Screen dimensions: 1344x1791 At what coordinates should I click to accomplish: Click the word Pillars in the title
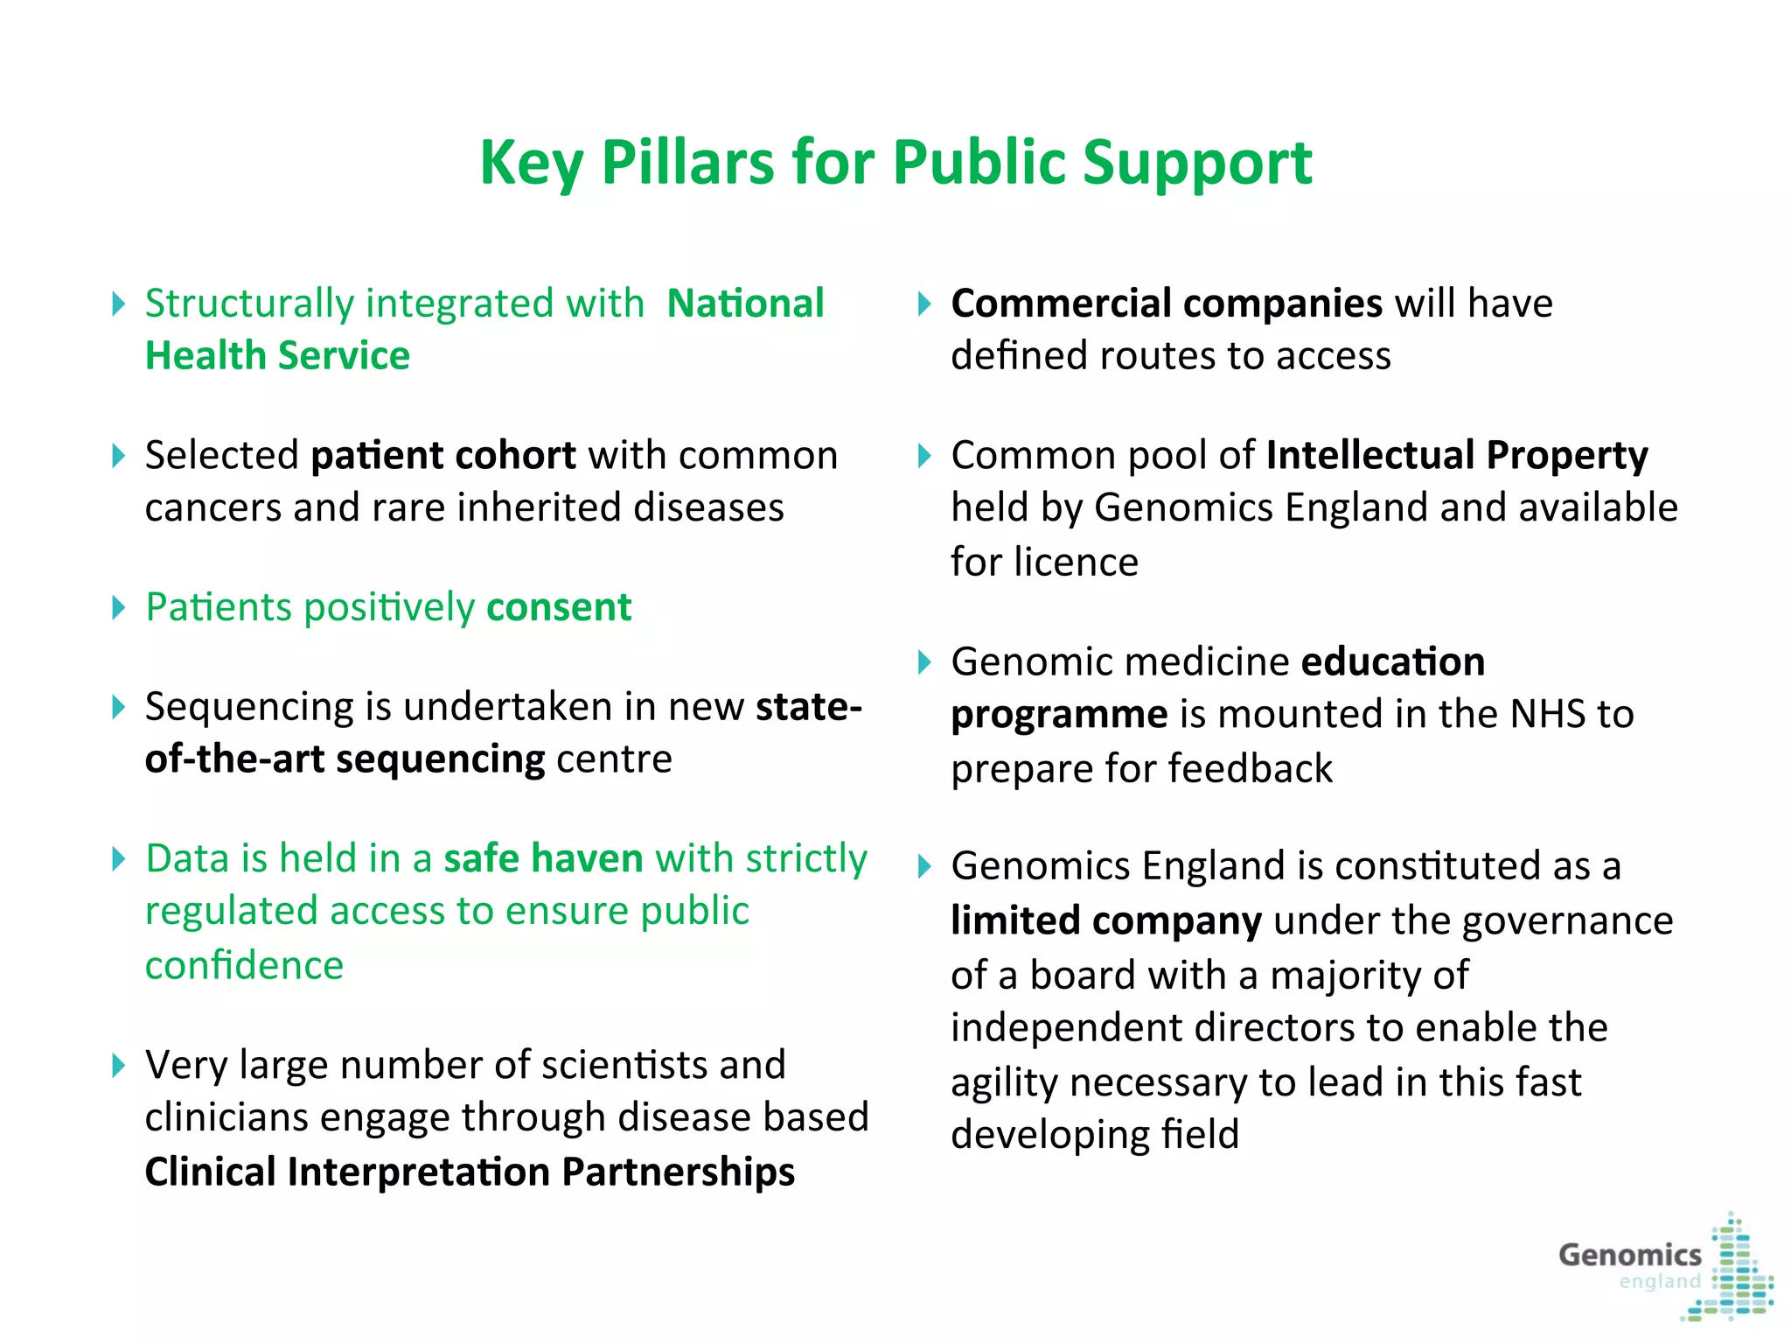tap(687, 163)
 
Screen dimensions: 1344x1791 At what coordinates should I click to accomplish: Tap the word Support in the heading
tap(1197, 163)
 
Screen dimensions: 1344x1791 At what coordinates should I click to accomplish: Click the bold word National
tap(745, 304)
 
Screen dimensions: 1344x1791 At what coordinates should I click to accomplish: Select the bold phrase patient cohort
tap(443, 455)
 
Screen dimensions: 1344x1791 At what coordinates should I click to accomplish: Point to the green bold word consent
tap(559, 607)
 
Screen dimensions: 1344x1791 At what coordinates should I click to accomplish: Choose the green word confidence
tap(244, 965)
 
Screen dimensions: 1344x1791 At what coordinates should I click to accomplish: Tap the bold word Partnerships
tap(678, 1172)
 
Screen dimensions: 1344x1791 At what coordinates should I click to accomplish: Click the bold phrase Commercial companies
tap(1166, 304)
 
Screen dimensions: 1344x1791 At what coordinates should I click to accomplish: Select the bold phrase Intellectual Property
tap(1456, 455)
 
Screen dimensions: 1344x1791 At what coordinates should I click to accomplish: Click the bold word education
tap(1392, 661)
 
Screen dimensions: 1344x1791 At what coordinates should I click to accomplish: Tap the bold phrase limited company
tap(1105, 920)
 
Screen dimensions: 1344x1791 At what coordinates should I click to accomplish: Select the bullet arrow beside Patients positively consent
tap(119, 607)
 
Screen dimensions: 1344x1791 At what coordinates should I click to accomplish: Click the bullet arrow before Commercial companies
tap(924, 304)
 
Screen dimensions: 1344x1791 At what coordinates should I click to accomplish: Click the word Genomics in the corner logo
tap(1629, 1255)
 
